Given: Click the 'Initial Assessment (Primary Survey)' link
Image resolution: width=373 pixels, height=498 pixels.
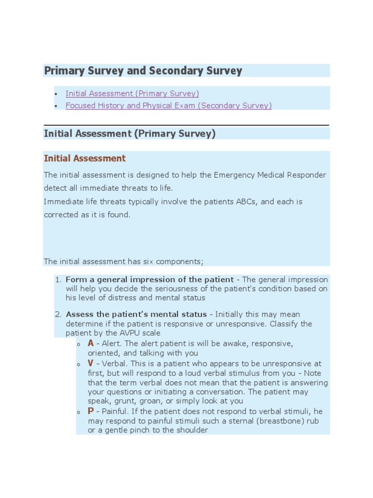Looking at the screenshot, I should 132,93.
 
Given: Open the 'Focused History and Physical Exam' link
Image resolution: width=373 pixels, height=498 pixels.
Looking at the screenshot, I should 168,106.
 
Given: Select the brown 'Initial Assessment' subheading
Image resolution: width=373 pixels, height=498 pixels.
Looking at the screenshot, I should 85,159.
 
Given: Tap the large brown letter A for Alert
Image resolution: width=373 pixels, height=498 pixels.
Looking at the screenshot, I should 91,343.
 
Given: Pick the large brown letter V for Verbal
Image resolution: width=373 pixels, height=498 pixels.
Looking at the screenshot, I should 91,363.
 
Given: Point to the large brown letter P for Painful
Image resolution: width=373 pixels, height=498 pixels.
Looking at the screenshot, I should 91,411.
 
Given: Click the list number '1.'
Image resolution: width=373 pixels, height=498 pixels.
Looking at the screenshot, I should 58,280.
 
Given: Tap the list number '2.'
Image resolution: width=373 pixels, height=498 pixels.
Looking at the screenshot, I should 58,314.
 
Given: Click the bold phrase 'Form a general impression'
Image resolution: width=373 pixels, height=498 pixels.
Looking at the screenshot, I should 115,280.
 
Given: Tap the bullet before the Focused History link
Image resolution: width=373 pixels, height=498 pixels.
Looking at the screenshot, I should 56,106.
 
